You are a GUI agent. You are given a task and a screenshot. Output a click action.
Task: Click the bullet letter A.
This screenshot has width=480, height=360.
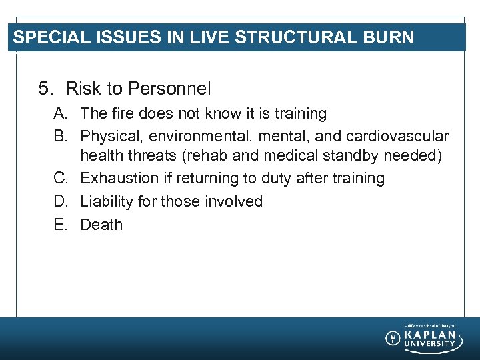click(x=61, y=114)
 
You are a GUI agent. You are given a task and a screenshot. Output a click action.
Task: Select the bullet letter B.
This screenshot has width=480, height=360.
click(x=61, y=137)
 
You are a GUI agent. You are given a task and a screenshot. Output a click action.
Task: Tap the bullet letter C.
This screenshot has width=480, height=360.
click(x=61, y=179)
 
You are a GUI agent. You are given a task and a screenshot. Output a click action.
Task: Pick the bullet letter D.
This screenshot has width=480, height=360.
click(x=61, y=201)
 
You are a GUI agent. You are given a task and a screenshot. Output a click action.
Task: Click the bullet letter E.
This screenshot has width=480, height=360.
click(x=61, y=225)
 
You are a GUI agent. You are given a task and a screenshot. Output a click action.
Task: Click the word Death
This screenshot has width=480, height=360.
click(x=101, y=225)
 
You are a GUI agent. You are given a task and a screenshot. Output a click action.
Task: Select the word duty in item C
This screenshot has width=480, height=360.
click(x=282, y=179)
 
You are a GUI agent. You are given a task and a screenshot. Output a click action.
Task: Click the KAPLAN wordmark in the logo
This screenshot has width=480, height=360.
click(x=431, y=335)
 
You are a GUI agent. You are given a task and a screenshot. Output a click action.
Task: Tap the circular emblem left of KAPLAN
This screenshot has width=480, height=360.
click(x=393, y=338)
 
